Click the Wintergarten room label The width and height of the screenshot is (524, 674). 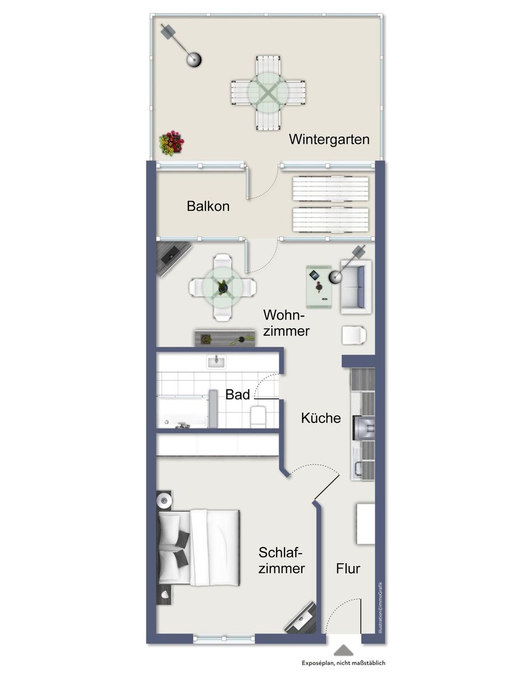click(x=329, y=139)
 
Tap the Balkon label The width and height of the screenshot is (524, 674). click(x=208, y=206)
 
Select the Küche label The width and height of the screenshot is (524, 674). click(x=321, y=418)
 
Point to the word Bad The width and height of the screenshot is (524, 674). click(x=237, y=394)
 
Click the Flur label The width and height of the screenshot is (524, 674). click(x=348, y=568)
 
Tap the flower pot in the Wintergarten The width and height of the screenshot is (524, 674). click(x=171, y=143)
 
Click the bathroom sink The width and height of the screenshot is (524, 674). click(x=217, y=361)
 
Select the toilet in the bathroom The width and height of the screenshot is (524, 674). click(x=258, y=416)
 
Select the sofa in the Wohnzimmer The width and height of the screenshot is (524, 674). click(x=356, y=287)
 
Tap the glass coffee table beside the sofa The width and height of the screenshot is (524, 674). click(x=319, y=287)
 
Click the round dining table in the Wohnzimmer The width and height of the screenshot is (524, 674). click(x=223, y=288)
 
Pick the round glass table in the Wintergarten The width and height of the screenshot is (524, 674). click(x=268, y=92)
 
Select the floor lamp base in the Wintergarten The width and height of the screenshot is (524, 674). click(x=194, y=58)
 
